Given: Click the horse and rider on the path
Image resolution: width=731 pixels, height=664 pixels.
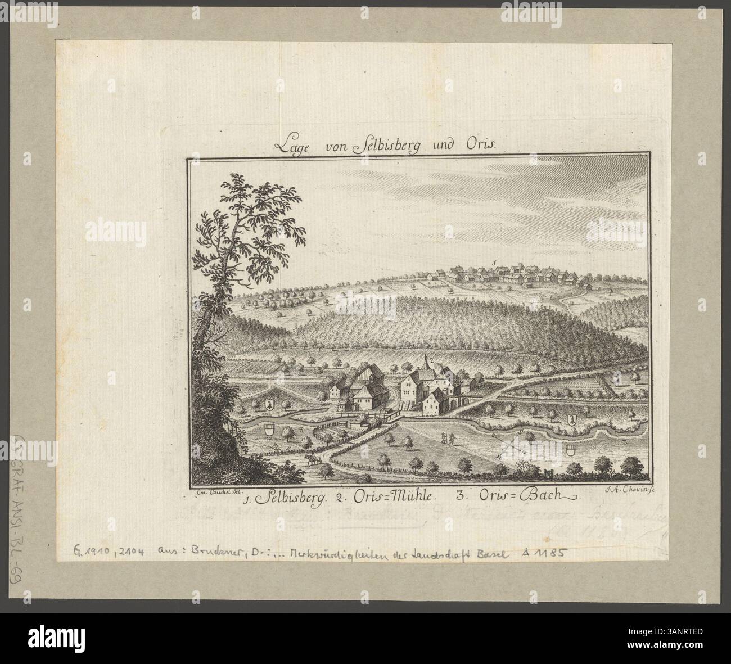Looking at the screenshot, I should pyautogui.click(x=313, y=459).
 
